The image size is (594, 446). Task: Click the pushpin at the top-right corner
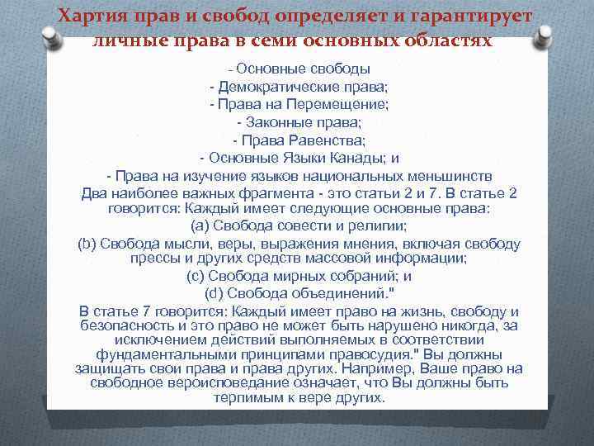543,37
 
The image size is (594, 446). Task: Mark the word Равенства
319,140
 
